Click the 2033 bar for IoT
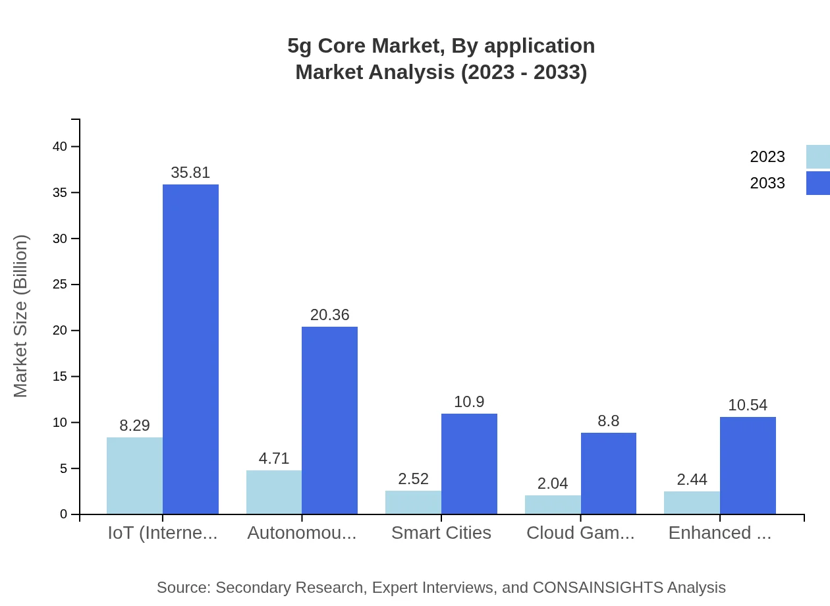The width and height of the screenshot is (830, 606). click(x=190, y=349)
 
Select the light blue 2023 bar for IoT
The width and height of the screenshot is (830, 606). click(x=134, y=476)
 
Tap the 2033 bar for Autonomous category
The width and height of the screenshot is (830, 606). click(x=329, y=420)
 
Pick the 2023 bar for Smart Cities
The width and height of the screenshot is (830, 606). click(x=413, y=502)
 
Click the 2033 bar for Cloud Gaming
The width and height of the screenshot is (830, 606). click(x=608, y=473)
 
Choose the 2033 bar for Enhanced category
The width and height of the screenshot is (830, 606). click(x=748, y=465)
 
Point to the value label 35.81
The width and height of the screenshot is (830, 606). click(x=190, y=173)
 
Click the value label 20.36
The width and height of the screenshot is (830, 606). click(x=329, y=315)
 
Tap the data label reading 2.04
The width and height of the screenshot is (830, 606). click(x=552, y=483)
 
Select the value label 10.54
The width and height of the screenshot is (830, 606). click(x=748, y=405)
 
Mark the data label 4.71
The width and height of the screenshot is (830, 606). click(x=274, y=458)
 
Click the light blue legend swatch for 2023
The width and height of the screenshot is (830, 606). click(x=817, y=157)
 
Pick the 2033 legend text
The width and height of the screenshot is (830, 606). click(x=767, y=183)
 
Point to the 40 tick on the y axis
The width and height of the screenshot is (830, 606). click(x=60, y=146)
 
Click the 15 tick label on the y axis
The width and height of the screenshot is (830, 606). click(x=60, y=376)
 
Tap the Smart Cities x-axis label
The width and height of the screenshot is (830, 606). click(x=441, y=532)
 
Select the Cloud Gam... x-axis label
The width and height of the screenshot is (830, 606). click(x=580, y=532)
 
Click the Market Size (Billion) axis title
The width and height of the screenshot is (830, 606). click(x=21, y=316)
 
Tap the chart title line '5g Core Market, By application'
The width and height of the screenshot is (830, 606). click(x=441, y=46)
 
